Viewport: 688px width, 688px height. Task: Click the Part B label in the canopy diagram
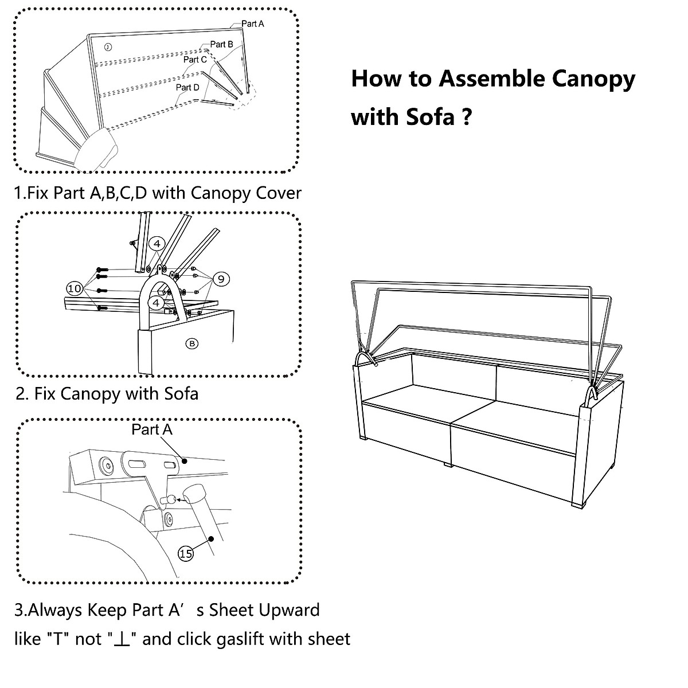[221, 44]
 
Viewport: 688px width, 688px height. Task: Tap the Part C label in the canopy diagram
[195, 60]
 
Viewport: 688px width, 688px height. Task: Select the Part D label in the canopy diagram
[187, 88]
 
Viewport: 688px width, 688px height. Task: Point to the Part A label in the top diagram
[252, 24]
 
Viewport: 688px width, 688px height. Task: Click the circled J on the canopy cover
[108, 47]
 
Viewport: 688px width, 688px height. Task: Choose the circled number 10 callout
[75, 288]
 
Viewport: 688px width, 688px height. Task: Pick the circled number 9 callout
[221, 279]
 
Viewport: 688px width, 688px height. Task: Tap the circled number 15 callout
[186, 554]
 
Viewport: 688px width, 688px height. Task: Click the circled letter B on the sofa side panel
[192, 343]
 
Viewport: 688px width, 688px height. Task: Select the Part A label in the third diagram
[152, 429]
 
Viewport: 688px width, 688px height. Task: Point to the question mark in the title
[467, 116]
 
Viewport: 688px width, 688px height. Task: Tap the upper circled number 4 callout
[157, 244]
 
